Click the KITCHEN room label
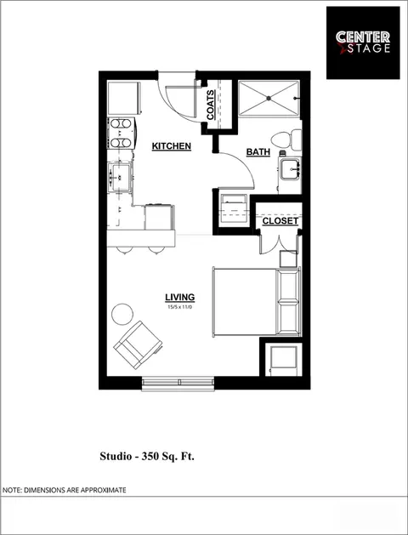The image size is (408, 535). coord(171,146)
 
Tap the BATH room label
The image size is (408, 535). coord(258,152)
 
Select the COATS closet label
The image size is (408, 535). coord(210,105)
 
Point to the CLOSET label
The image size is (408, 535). coord(280,221)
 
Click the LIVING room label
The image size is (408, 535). coord(180,297)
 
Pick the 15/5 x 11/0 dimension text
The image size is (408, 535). coord(180,307)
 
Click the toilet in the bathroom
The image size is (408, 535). coord(286,139)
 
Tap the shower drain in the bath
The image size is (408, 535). coord(269,98)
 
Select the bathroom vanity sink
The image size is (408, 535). coord(290,168)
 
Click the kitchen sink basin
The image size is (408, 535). coord(120,178)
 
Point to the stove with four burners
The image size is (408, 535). coord(121,133)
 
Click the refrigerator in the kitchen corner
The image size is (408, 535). coord(124,98)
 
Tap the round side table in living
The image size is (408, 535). coord(122,314)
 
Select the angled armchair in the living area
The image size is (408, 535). coord(138,345)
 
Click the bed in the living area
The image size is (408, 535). coord(257,302)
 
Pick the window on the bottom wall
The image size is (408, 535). coord(178,383)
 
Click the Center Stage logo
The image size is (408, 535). coord(363,43)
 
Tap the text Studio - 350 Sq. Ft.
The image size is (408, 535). coord(147,456)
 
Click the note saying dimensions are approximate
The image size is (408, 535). coord(65,490)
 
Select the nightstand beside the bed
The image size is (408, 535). coord(288,259)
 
